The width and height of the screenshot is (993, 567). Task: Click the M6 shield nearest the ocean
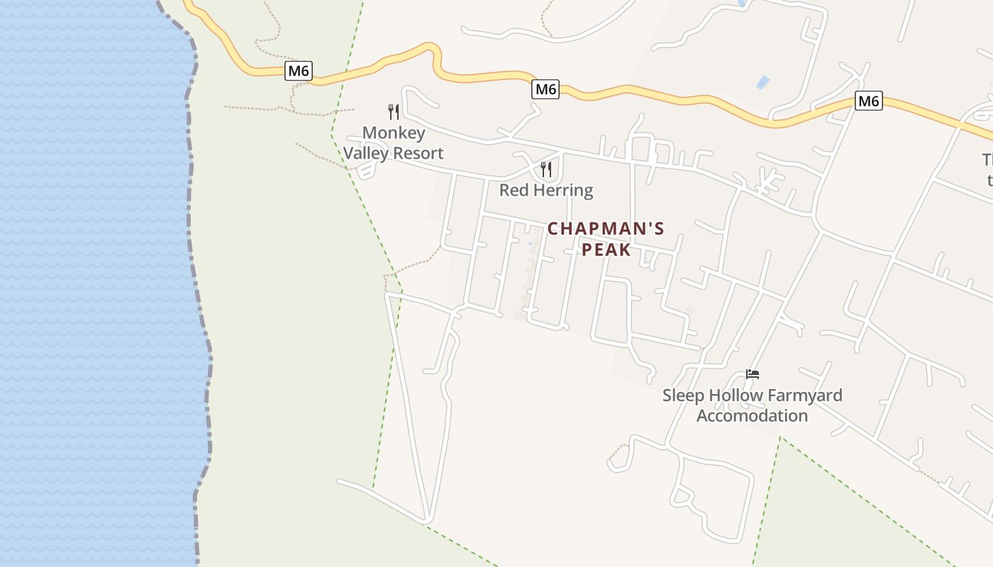pos(299,71)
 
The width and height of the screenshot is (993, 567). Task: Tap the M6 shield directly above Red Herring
pos(545,89)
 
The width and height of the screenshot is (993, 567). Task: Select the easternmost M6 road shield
pos(868,101)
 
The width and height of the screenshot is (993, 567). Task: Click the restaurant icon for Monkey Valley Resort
pos(394,111)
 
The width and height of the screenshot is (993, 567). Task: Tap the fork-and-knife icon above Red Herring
pos(546,169)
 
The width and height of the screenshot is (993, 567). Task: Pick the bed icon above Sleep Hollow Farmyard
pos(753,374)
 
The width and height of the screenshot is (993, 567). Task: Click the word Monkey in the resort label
pos(394,133)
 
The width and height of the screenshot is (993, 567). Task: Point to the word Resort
pos(418,153)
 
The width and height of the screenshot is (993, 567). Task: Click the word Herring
pos(560,190)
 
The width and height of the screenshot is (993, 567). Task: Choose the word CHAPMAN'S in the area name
pos(606,229)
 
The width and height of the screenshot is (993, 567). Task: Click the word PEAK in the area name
pos(606,249)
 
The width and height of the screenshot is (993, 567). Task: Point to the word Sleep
pos(682,395)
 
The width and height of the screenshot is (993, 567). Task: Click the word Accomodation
pos(752,415)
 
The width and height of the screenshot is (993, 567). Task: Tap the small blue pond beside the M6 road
pos(762,82)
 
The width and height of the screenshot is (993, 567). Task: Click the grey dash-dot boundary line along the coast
pos(201,283)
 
